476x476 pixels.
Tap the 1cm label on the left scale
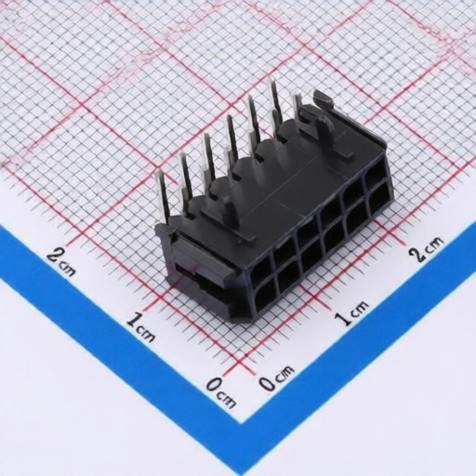click(140, 326)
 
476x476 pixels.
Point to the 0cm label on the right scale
click(276, 377)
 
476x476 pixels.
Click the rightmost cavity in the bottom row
click(378, 200)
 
